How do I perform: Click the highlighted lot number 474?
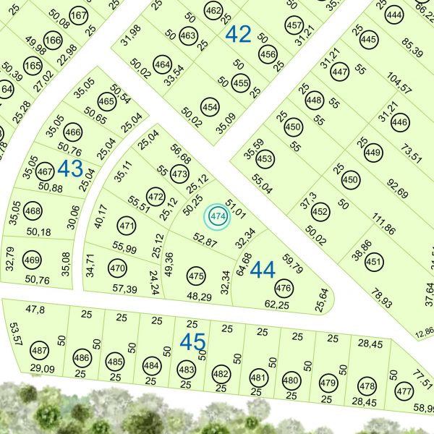[x=218, y=216]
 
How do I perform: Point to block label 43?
[x=70, y=169]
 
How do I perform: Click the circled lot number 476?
[x=284, y=289]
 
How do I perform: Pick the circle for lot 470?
[x=117, y=269]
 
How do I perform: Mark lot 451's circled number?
[x=374, y=261]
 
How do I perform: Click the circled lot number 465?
[x=106, y=102]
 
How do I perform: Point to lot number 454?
[x=210, y=109]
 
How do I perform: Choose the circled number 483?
[x=187, y=370]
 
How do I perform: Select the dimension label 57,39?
[x=125, y=289]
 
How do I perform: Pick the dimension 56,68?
[x=181, y=153]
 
